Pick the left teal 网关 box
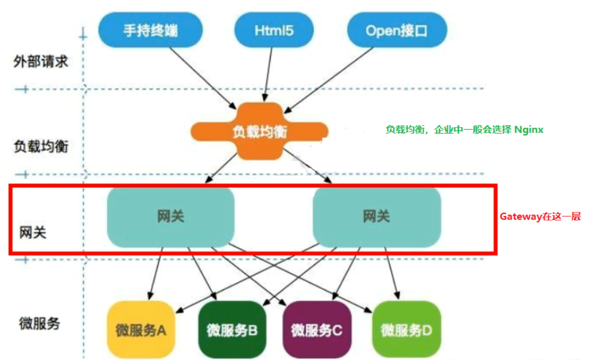tap(170, 217)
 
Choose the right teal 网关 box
tap(377, 217)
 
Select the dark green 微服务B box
tap(232, 330)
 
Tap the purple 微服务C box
tap(317, 330)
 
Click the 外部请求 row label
tap(40, 61)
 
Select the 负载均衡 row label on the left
tap(40, 147)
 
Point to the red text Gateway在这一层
tap(540, 217)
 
